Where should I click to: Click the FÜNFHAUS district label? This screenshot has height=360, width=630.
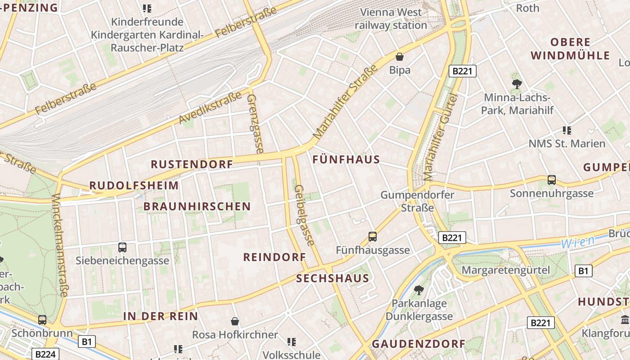pos(346,159)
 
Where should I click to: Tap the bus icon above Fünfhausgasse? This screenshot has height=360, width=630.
pos(373,236)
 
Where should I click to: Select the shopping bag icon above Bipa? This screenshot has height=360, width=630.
pos(399,57)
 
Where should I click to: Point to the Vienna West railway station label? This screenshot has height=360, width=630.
pos(391,19)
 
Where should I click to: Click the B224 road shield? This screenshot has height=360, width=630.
pos(45,354)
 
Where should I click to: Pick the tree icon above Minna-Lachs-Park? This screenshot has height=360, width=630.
pos(517,84)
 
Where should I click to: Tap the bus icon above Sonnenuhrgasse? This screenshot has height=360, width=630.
pos(552,180)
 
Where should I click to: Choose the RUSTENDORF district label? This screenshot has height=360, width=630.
pos(192,164)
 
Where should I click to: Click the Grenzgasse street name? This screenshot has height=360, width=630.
pos(255,123)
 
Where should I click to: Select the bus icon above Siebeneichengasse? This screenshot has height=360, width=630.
pos(122,247)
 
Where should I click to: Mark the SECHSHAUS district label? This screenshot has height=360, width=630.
pos(333,279)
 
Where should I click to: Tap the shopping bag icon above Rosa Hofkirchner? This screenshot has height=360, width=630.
pos(234,321)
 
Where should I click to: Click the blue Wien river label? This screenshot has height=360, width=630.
pos(578,242)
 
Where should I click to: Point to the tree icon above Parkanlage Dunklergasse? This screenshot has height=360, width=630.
pos(419,290)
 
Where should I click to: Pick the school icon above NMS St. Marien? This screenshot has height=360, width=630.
pos(567,130)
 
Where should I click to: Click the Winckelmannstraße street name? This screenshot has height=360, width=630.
pos(60,245)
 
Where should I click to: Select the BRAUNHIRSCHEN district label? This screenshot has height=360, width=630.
pos(197,207)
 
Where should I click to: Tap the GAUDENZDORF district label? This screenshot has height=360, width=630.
pos(418,344)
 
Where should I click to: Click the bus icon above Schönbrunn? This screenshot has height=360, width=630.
pos(42,320)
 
